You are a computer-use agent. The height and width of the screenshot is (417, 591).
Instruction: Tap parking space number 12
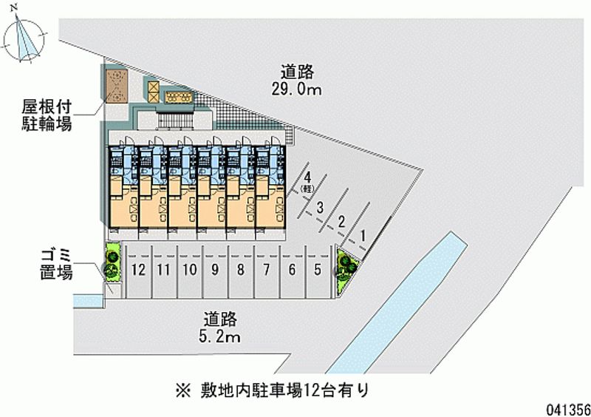pos(137,271)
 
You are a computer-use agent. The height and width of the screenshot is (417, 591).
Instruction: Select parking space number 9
pos(214,271)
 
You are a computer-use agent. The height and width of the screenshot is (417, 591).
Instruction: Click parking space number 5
pos(318,271)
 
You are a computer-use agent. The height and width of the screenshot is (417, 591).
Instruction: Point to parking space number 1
pos(363,237)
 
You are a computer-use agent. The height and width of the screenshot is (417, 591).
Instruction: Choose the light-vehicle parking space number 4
pos(305,181)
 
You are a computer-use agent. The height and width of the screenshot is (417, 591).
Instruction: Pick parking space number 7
pos(266,271)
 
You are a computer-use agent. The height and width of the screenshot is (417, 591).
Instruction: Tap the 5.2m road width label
pos(221,328)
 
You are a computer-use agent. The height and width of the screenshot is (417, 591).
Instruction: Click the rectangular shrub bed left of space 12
pos(112,262)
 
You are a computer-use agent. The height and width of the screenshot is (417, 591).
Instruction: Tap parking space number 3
pos(320,208)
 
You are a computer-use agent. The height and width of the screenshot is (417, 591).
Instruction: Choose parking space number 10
pos(189,271)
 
